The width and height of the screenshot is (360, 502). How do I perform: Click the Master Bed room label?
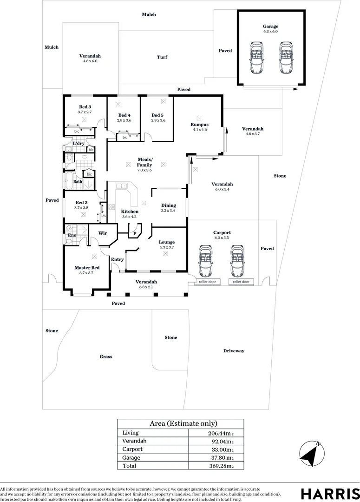(87, 268)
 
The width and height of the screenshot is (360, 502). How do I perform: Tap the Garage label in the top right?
(270, 26)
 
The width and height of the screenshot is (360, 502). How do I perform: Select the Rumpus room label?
(199, 125)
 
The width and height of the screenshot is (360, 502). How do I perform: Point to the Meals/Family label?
(144, 162)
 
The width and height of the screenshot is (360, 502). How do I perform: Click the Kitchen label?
(117, 211)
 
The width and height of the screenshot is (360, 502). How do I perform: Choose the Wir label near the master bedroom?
(103, 234)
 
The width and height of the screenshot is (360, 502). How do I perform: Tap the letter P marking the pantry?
(135, 234)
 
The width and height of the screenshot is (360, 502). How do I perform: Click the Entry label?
(118, 259)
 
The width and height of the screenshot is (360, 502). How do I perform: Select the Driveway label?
(233, 351)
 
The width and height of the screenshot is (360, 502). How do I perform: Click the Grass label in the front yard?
(106, 357)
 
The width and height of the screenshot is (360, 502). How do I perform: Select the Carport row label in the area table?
(132, 449)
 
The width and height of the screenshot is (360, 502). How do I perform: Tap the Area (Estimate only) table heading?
(183, 423)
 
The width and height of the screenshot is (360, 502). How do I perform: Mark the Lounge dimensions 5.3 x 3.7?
(167, 247)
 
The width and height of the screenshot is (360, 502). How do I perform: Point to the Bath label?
(78, 182)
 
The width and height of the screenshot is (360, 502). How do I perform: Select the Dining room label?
(169, 205)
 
